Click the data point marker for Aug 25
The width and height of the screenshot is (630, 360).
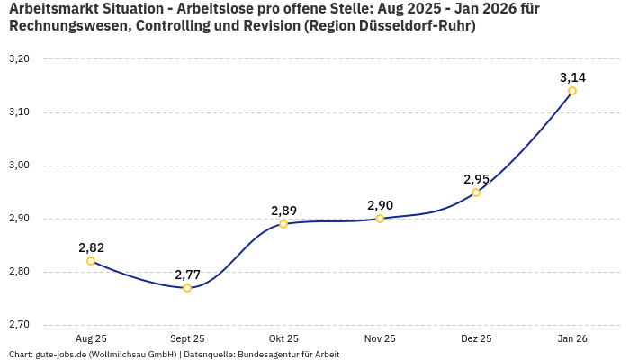click(91, 261)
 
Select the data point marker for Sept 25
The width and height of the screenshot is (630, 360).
click(187, 288)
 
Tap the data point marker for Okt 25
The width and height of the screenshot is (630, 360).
click(283, 223)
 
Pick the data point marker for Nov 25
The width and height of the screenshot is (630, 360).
click(380, 218)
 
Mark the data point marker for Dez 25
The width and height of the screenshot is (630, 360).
click(476, 192)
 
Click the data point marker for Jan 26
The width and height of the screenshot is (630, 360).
click(572, 91)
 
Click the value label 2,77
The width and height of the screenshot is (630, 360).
click(187, 274)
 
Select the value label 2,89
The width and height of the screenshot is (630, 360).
click(283, 210)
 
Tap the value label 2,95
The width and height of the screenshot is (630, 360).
click(476, 178)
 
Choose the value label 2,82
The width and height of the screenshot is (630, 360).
click(91, 247)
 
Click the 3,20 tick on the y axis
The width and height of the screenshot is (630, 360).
click(19, 59)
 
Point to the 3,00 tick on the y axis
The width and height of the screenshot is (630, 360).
click(19, 166)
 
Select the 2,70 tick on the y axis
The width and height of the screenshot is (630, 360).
click(19, 324)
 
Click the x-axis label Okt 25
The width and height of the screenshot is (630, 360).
click(283, 338)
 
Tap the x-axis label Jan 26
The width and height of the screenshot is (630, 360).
click(572, 338)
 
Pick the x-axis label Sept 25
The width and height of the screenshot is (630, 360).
click(187, 338)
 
